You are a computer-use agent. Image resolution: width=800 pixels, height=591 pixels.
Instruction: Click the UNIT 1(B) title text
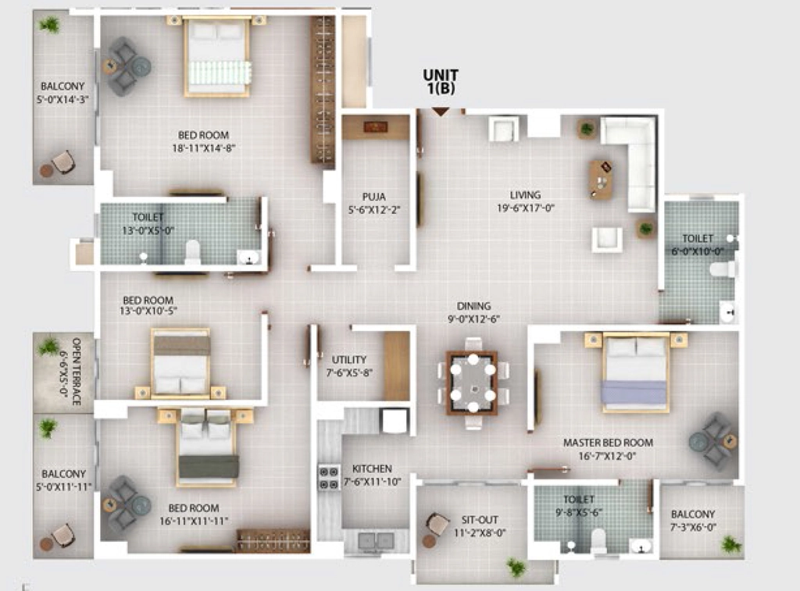441,82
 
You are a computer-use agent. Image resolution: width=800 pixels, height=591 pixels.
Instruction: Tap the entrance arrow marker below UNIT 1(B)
441,112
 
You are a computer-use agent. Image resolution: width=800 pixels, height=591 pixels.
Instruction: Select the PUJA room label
374,197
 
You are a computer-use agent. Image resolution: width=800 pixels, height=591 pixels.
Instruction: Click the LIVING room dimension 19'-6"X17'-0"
526,208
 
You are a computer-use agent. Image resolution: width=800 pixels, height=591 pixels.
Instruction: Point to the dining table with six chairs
473,383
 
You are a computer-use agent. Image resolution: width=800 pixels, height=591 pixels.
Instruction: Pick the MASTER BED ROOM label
608,443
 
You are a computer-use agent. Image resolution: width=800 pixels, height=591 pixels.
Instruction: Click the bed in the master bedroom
635,372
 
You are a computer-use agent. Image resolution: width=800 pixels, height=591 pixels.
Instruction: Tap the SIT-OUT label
480,520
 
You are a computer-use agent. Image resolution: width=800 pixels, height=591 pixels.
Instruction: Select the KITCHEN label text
372,468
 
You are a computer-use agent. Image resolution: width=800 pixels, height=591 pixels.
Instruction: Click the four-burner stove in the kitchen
329,477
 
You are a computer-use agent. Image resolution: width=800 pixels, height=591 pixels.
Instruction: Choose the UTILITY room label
349,359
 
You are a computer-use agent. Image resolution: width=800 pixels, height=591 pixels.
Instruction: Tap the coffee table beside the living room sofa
601,180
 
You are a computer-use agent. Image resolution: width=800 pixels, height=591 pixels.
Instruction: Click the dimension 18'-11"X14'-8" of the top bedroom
204,148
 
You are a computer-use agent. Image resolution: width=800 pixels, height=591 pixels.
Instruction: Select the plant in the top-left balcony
50,24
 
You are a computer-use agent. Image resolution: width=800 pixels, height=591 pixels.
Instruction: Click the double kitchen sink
376,540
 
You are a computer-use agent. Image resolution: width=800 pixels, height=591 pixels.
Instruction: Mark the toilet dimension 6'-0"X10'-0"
698,251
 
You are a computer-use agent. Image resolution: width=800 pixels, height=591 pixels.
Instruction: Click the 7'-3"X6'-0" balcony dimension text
693,527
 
